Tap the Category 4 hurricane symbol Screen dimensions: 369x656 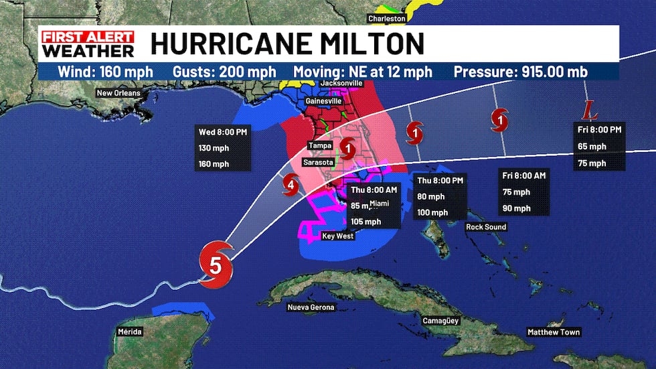click(x=291, y=183)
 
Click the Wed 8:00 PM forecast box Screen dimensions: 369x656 click(x=223, y=147)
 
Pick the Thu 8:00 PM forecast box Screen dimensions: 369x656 click(x=440, y=197)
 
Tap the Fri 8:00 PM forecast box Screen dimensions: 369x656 click(x=600, y=146)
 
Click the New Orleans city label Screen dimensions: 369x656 click(x=119, y=93)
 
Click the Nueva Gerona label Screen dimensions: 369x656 click(x=311, y=307)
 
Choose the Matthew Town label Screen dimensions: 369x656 click(x=554, y=332)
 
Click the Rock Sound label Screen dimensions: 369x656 click(x=487, y=227)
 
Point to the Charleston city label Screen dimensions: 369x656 click(x=386, y=19)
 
